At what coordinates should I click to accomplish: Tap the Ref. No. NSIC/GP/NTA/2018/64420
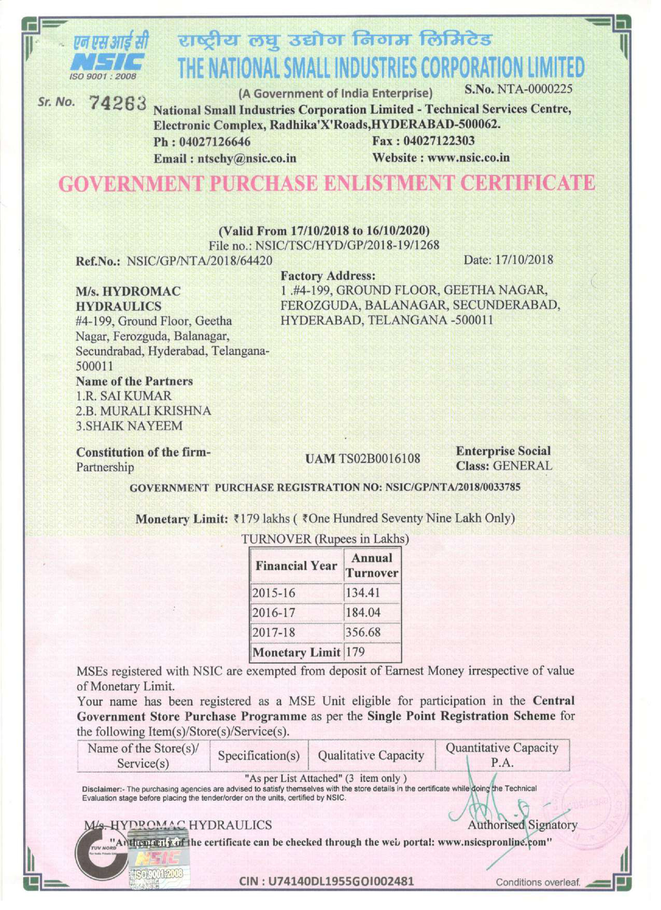coord(200,261)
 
